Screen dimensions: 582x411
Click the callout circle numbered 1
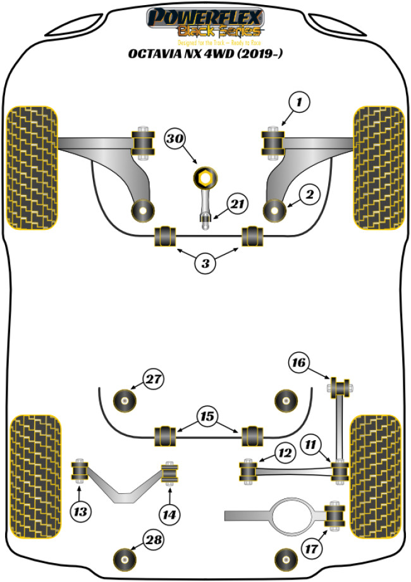click(x=300, y=101)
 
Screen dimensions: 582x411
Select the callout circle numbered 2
click(x=309, y=196)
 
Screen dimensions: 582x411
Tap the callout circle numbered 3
click(x=205, y=263)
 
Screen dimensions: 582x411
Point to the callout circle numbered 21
click(x=236, y=205)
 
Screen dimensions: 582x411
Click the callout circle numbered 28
click(x=153, y=540)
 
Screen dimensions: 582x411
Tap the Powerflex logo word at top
click(x=205, y=17)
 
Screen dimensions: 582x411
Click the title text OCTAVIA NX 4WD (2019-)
click(x=205, y=54)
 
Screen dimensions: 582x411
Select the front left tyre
click(x=32, y=166)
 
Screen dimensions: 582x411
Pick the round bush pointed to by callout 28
click(x=125, y=558)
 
